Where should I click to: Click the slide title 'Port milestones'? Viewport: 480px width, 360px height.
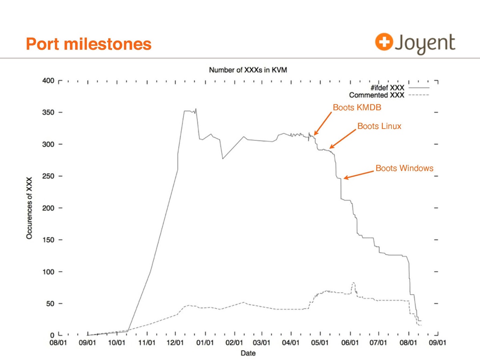point(88,44)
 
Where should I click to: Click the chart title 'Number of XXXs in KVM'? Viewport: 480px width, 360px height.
point(248,70)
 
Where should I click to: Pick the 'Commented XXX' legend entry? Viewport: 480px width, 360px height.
point(377,95)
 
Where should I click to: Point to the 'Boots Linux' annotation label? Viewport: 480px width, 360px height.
point(379,127)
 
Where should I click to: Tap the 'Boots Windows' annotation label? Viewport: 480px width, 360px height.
point(404,168)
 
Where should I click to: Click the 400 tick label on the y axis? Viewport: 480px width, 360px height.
point(48,81)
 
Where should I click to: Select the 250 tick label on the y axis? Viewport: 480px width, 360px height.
point(48,176)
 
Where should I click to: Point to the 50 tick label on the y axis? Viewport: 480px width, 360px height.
point(50,304)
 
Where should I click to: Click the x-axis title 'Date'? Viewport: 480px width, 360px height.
point(248,353)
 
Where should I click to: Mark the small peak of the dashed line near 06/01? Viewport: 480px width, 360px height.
point(353,283)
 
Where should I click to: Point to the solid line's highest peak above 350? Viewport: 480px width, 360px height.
point(196,109)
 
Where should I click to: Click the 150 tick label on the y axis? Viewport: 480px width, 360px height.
point(48,240)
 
